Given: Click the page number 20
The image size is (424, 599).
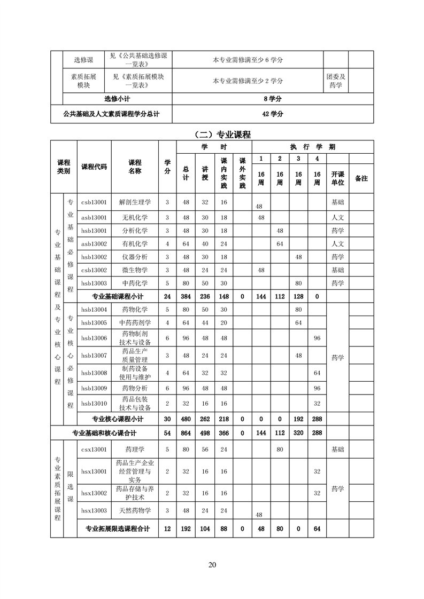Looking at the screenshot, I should [x=212, y=565].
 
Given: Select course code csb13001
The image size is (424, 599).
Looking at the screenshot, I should [x=94, y=202].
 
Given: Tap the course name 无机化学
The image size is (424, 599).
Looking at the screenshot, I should [x=135, y=217].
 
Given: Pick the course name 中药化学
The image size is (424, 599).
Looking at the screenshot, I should [x=135, y=283].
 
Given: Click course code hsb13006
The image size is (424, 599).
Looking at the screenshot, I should [x=94, y=338].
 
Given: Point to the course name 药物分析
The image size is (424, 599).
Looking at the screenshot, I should [x=135, y=388].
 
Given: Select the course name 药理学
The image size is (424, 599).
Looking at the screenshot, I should [x=135, y=450].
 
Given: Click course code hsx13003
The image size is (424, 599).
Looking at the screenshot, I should [x=94, y=511].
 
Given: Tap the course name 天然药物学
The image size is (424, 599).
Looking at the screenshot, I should [x=135, y=511].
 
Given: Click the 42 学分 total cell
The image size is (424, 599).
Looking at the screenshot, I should [x=273, y=114].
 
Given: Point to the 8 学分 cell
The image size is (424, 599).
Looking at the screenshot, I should [x=273, y=99].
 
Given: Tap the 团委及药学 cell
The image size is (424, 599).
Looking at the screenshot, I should [x=336, y=81].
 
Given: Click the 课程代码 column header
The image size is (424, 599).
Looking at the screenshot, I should [x=94, y=167].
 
